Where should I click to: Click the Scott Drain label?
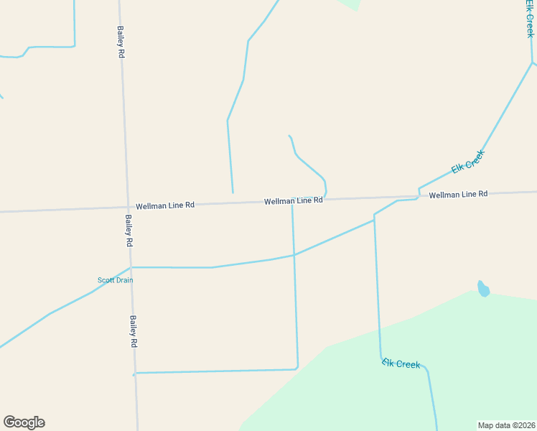(115, 280)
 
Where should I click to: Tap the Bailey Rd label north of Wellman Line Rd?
(121, 42)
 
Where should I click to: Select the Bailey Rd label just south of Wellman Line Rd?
(129, 231)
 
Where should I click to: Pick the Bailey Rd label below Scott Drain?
(133, 331)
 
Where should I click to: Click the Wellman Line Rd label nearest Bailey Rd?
(165, 205)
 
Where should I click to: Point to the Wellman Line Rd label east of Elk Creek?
(458, 195)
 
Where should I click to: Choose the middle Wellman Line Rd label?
(293, 201)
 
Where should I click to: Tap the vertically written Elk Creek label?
(530, 19)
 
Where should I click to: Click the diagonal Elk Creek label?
(468, 162)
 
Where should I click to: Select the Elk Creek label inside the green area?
(401, 363)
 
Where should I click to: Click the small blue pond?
(483, 289)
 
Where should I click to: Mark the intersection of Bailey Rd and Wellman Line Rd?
(126, 207)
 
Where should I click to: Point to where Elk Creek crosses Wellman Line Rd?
(419, 195)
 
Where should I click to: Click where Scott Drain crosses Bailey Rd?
(131, 267)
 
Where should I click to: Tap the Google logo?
(24, 422)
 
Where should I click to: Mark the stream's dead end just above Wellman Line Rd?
(233, 193)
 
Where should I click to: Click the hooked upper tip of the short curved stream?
(289, 135)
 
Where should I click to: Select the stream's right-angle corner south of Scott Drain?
(296, 368)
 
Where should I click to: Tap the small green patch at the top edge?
(349, 4)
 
